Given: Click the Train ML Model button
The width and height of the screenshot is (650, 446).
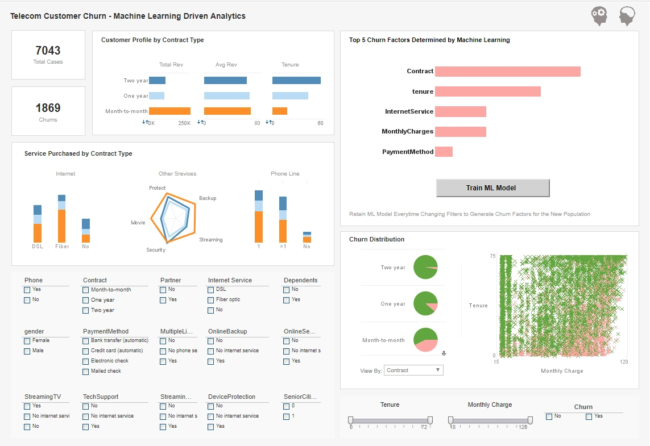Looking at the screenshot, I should [492, 188].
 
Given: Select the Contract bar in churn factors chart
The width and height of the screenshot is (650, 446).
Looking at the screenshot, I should [507, 72].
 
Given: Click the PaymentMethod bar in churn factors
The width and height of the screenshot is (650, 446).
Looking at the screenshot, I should [444, 152].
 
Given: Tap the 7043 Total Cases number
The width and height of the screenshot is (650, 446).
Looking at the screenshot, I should [48, 51].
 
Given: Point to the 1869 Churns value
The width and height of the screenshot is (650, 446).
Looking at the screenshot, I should [48, 108].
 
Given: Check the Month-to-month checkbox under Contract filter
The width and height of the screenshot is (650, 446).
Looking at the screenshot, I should [86, 290].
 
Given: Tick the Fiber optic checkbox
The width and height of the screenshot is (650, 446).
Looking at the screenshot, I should [211, 300].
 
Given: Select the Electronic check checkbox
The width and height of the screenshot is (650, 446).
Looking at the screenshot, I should [86, 361].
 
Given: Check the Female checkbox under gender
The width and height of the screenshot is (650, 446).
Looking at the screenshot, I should [27, 341].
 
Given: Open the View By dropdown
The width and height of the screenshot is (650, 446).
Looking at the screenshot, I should [413, 370].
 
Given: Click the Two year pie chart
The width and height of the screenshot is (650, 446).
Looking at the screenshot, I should [425, 267].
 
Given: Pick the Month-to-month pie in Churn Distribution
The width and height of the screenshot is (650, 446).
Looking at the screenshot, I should [425, 340].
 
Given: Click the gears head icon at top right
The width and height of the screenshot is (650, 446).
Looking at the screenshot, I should [599, 16].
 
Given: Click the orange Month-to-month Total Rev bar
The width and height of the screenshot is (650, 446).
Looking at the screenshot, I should [169, 111].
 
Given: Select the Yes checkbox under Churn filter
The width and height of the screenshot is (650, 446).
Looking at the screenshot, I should [589, 416].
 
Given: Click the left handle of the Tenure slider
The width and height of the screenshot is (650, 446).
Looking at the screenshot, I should [350, 420].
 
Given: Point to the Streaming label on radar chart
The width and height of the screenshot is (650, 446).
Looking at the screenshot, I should [210, 240].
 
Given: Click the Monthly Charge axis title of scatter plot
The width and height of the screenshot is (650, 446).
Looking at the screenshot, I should [561, 371].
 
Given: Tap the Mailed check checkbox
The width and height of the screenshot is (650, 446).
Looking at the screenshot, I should [86, 372].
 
